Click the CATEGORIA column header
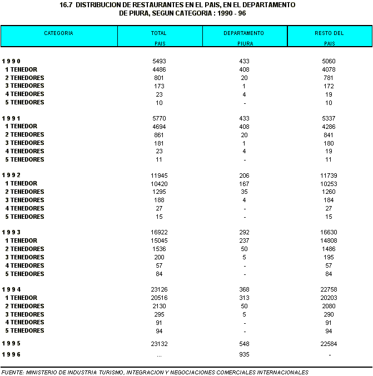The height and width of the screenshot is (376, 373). [58, 33]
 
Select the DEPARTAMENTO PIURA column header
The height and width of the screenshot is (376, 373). [244, 37]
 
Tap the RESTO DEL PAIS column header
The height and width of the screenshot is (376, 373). [329, 37]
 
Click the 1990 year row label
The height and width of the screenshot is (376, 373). [12, 61]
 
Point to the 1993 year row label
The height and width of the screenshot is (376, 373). [12, 232]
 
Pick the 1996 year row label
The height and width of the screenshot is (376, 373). [12, 354]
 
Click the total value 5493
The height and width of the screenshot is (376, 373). [159, 61]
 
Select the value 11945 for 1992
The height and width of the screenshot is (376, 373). [159, 176]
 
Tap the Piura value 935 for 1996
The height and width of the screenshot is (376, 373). [244, 354]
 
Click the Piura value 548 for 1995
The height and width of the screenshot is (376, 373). [244, 344]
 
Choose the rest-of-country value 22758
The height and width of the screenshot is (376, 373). [329, 289]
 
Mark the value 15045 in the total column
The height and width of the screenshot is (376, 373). [159, 240]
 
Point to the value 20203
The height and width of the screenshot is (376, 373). [329, 298]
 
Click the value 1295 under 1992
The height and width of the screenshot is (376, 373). [159, 192]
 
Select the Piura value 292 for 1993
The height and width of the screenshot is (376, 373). [244, 232]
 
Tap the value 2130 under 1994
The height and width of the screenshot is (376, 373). [159, 306]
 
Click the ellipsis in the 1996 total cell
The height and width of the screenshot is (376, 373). [159, 354]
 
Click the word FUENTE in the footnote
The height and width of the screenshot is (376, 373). [12, 372]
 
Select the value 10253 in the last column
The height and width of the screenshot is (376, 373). [329, 183]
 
